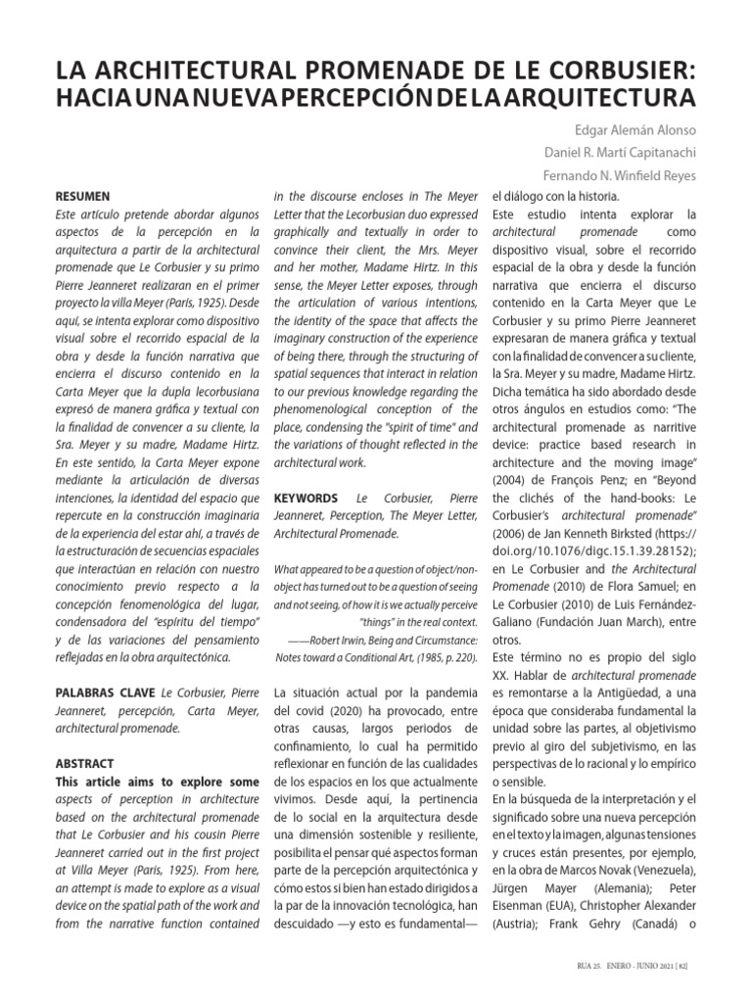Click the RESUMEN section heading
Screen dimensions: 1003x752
[82, 196]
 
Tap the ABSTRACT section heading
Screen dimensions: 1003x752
[85, 763]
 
